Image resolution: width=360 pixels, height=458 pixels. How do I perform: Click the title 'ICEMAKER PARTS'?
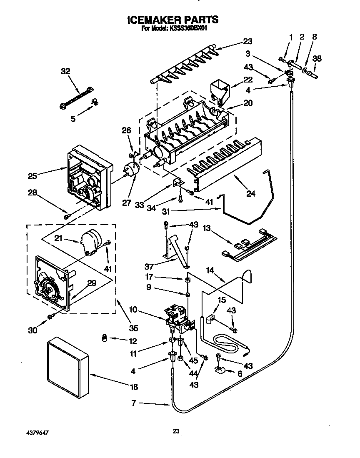(x=172, y=20)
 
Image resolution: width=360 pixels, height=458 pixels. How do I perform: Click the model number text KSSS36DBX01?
(x=187, y=29)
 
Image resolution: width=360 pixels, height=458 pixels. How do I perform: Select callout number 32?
(x=66, y=71)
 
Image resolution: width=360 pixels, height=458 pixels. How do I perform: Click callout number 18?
(x=134, y=387)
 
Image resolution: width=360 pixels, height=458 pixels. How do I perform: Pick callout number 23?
(x=248, y=41)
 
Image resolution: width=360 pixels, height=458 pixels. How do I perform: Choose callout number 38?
(x=317, y=59)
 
